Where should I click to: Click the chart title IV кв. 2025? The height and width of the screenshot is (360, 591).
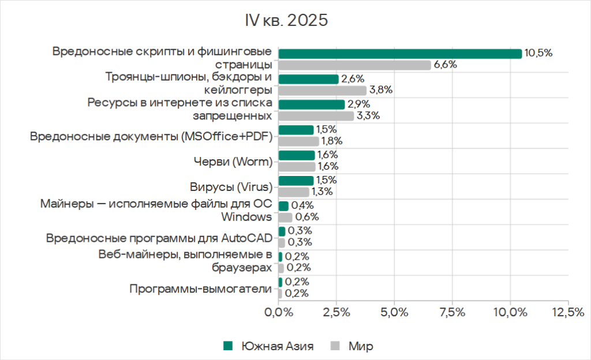click(286, 21)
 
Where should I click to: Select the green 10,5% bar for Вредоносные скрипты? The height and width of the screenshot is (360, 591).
click(400, 54)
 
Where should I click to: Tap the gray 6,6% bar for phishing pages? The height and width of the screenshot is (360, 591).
click(354, 65)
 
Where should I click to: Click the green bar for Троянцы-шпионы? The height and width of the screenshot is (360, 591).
click(308, 79)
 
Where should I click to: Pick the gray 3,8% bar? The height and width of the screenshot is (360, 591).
click(322, 91)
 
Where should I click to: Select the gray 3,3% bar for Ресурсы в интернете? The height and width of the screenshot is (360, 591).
click(316, 116)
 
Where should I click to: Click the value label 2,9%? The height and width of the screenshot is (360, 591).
click(359, 104)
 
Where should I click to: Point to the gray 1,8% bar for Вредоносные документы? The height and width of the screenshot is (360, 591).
click(298, 141)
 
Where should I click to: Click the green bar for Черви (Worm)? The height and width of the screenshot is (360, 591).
click(297, 155)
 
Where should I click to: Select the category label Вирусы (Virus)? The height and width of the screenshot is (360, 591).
click(231, 186)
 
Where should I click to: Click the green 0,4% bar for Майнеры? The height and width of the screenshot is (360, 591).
click(283, 206)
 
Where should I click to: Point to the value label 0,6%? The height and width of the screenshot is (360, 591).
click(307, 217)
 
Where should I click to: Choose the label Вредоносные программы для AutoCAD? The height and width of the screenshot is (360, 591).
click(159, 237)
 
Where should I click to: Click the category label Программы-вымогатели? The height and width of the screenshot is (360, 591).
click(200, 288)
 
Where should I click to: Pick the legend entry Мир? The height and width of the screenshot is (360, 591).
click(360, 346)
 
